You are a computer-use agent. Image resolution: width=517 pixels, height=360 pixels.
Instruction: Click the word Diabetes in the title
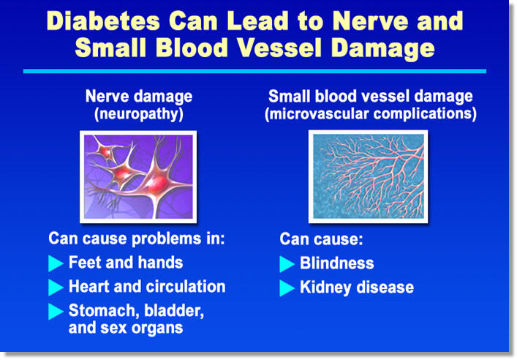(103, 21)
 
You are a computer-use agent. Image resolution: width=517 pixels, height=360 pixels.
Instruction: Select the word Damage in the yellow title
(383, 49)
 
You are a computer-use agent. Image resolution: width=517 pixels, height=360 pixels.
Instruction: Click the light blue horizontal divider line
(254, 71)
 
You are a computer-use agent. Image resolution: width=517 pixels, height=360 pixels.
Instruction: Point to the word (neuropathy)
(139, 114)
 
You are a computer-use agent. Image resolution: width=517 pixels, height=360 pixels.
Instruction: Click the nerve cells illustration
(138, 177)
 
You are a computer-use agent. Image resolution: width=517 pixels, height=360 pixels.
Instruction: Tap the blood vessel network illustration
(369, 176)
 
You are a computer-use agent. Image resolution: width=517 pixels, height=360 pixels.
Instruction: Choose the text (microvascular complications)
(371, 114)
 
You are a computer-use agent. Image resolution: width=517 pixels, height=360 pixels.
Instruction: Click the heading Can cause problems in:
(137, 239)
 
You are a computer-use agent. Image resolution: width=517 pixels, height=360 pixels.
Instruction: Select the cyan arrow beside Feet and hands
(56, 263)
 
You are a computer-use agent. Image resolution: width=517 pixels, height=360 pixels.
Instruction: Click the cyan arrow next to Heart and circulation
(56, 287)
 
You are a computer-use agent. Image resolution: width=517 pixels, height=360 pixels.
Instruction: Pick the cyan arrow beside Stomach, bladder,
(56, 312)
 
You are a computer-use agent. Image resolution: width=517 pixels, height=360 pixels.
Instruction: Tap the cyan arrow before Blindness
(287, 264)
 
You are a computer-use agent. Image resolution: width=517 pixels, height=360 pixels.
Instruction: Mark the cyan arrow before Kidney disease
(287, 288)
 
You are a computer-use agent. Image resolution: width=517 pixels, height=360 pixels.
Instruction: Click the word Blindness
(337, 263)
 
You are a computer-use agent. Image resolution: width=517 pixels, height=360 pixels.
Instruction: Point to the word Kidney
(325, 288)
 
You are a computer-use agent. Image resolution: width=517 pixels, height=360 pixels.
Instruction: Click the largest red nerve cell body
(157, 184)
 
